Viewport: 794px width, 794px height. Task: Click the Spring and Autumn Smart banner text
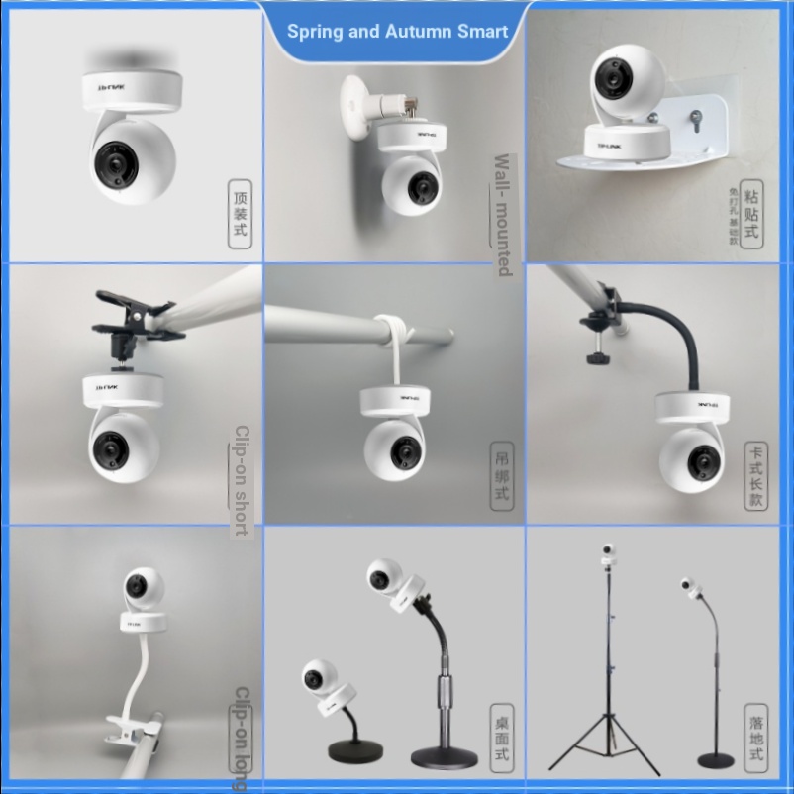click(397, 31)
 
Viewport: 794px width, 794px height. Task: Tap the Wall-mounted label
click(502, 214)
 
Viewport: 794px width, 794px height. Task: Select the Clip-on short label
click(241, 480)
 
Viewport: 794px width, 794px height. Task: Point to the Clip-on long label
click(241, 739)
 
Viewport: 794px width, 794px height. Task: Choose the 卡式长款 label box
click(756, 476)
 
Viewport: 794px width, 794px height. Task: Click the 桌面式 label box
click(503, 739)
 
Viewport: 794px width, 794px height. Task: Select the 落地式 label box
click(756, 739)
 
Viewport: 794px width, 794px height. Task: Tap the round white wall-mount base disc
click(355, 102)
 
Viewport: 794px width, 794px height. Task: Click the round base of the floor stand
click(716, 760)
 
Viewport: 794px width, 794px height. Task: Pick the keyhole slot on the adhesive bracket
click(697, 123)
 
